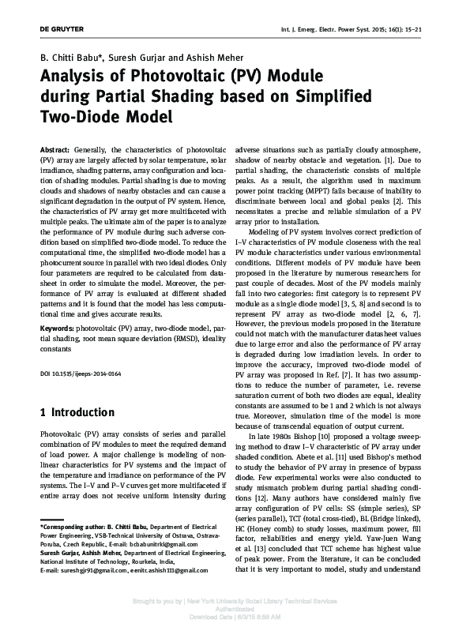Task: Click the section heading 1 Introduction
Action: (x=77, y=412)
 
